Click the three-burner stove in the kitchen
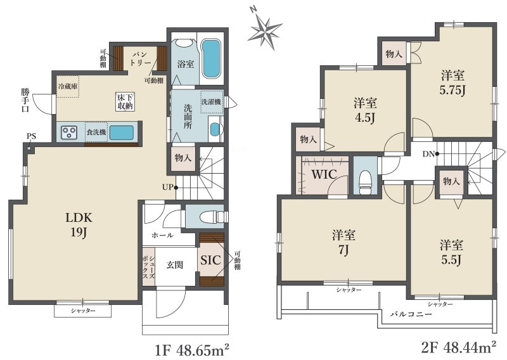coord(69,132)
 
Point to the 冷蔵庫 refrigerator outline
coord(68,86)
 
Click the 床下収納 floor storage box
coord(125,101)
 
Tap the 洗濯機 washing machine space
coord(212,102)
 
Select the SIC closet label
coord(210,260)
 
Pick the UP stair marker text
coord(168,187)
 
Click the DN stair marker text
coord(429,154)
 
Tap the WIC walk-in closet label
coord(324,175)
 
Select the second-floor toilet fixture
coord(365,183)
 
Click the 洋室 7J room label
coord(343,242)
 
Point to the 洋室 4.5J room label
coord(365,111)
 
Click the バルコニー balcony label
coord(411,314)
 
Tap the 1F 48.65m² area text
coord(192,350)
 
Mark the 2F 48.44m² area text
coord(459,348)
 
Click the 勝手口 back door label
coord(25,100)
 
